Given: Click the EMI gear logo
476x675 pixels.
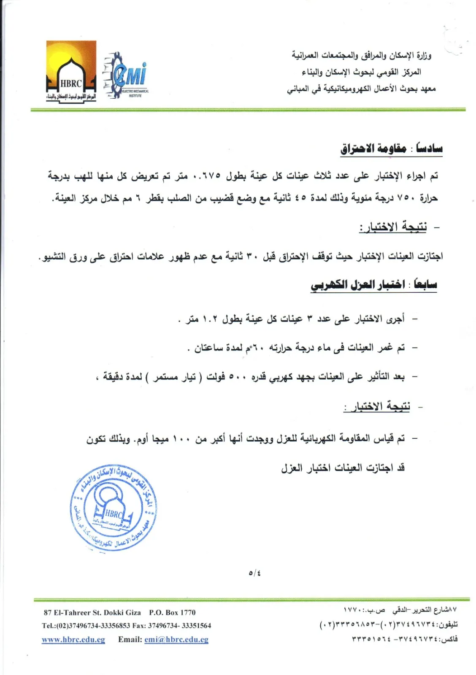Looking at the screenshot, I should (126, 76).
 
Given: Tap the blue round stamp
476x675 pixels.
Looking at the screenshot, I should (113, 508).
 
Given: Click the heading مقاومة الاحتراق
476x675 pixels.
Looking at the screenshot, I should (373, 148).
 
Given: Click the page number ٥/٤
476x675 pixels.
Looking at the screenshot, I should (254, 573).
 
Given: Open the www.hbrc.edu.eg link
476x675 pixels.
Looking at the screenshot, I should (73, 640).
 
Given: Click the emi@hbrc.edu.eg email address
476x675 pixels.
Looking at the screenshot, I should (176, 640).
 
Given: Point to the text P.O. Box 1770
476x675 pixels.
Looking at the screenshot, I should (172, 613).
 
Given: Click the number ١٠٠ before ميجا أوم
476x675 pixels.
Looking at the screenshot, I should (182, 439).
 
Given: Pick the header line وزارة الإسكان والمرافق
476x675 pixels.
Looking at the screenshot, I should (361, 55).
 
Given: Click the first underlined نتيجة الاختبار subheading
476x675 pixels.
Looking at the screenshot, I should (393, 227).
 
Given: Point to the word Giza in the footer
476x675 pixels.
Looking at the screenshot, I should (133, 613).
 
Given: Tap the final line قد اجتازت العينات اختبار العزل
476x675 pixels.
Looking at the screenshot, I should (343, 468).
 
